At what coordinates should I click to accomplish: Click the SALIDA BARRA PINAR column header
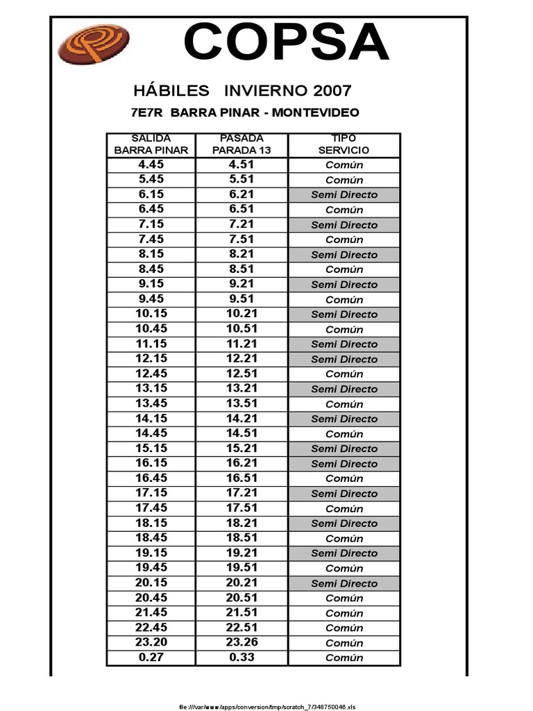(151, 144)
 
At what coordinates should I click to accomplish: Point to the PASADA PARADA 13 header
(241, 144)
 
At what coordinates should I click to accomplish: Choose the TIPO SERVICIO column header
(344, 144)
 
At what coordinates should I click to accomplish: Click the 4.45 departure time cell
(151, 165)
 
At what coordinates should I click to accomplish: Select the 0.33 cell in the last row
(241, 658)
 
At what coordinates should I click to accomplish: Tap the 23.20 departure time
(151, 642)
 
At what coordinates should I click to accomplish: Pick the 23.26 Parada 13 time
(241, 642)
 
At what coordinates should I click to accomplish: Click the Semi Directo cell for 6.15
(344, 194)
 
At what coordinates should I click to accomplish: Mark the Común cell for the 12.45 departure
(344, 374)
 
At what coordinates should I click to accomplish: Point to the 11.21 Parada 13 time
(241, 344)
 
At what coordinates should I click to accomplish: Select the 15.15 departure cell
(151, 449)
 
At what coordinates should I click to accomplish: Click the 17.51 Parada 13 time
(241, 508)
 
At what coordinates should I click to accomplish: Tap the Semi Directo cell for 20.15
(344, 583)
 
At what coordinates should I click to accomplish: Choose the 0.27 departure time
(151, 658)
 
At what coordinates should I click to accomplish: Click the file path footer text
(267, 707)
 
